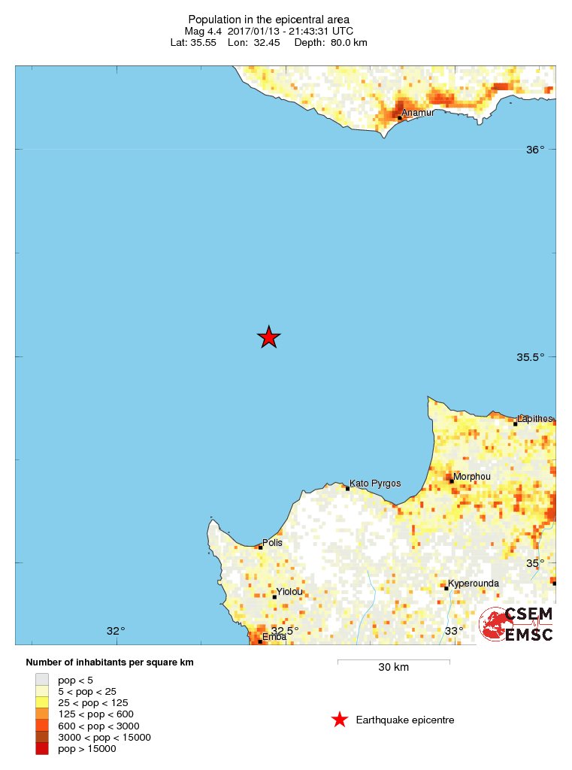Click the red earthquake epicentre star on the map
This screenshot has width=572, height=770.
pos(269,338)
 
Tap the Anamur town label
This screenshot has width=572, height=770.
pos(418,114)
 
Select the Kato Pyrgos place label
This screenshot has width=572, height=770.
pos(375,483)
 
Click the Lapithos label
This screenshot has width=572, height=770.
pos(535,418)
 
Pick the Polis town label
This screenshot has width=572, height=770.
pos(272,542)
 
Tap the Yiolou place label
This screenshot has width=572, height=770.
pos(289,592)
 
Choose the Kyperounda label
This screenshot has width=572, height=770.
pos(474,584)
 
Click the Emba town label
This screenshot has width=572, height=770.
pos(274,637)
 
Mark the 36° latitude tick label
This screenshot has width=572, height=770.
pos(534,150)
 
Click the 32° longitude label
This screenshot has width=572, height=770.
pos(115,631)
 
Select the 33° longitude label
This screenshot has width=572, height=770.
pos(454,631)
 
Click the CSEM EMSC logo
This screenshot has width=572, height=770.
pos(516,624)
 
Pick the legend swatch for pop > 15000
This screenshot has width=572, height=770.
pos(41,748)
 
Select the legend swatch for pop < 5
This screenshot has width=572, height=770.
pos(41,679)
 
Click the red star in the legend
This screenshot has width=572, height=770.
pos(340,720)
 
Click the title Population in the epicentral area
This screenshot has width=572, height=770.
pos(268,19)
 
